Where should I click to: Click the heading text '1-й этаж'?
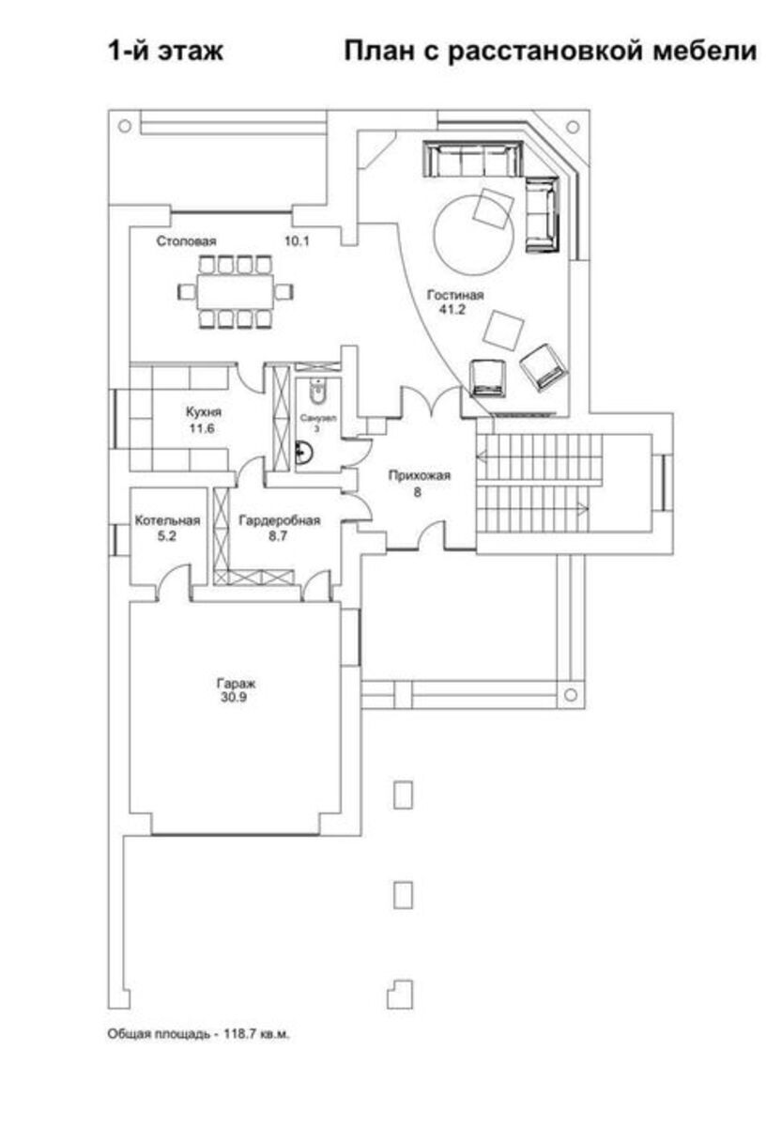click(165, 52)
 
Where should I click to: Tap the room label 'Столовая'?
click(186, 241)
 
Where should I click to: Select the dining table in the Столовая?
click(235, 291)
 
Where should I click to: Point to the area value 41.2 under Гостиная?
click(452, 309)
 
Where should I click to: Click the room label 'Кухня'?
click(203, 411)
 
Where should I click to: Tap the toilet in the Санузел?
click(316, 391)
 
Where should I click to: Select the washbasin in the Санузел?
click(304, 452)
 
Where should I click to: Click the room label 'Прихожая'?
click(419, 475)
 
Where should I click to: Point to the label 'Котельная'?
click(167, 520)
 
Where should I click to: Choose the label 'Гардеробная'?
click(279, 520)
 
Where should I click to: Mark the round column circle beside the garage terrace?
click(570, 694)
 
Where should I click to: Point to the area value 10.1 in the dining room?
click(297, 241)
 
